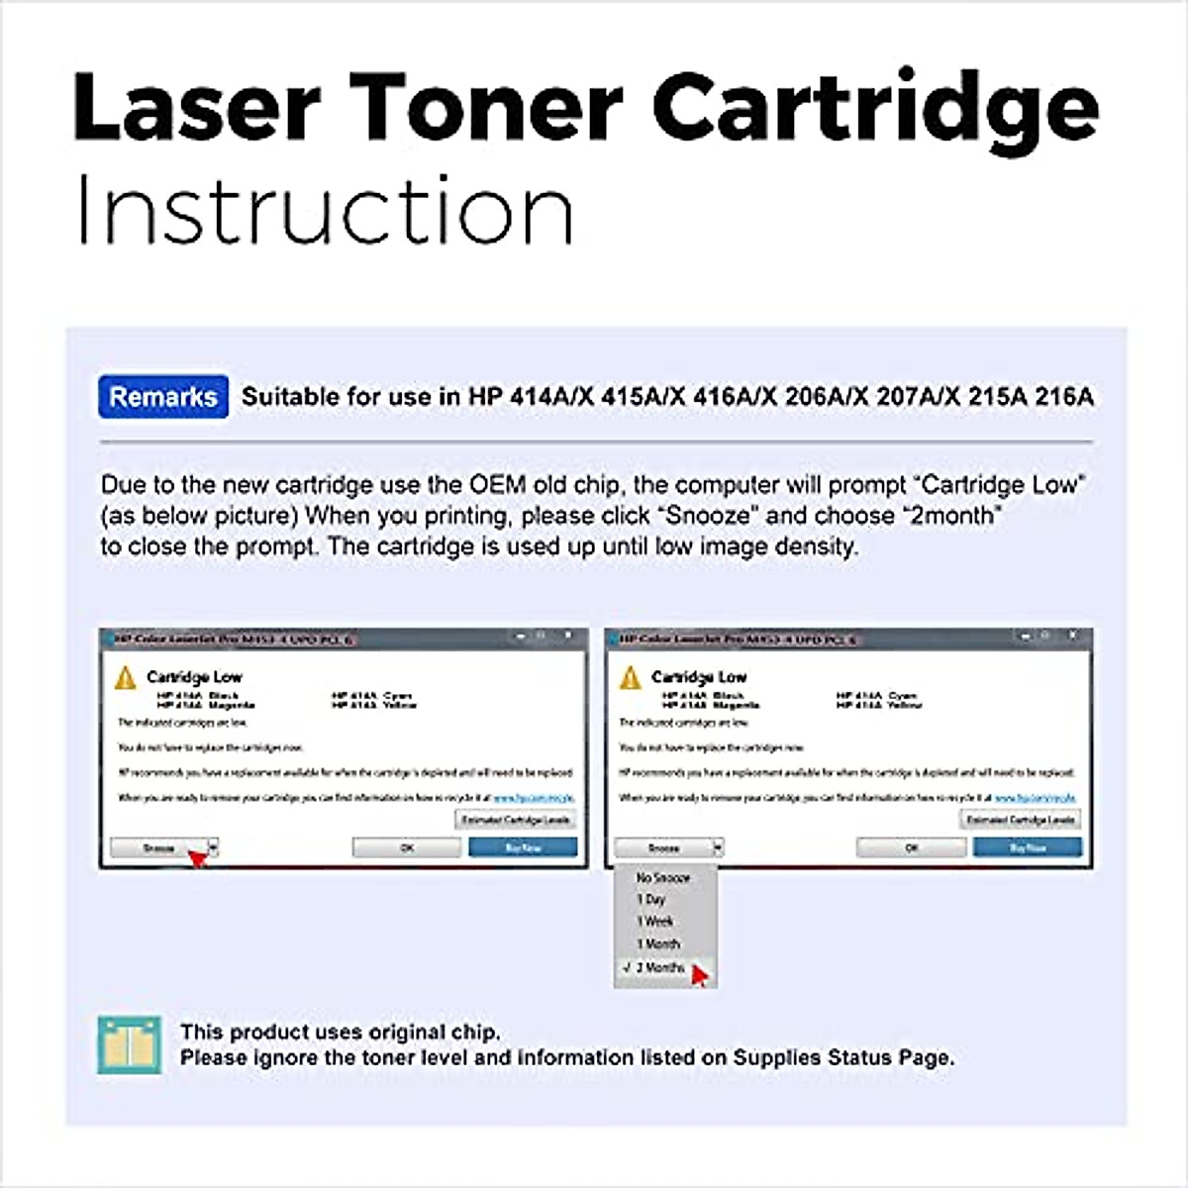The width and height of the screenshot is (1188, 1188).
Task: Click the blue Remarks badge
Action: coord(163,397)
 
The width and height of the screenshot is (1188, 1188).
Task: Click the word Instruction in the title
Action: coord(325,210)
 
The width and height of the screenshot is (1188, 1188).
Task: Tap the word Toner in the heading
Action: coord(486,107)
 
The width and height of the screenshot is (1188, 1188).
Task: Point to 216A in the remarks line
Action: coord(1064,397)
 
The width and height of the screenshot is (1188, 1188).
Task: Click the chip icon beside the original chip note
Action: coord(129,1044)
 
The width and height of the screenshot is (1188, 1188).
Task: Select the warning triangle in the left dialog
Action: coord(125,678)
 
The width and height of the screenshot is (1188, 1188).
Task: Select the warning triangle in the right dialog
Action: coord(630,678)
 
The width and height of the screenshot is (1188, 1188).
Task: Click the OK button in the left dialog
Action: coord(407,848)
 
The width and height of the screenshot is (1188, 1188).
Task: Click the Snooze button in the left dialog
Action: coord(158,848)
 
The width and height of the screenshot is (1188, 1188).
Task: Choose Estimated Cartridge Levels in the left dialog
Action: coord(516,820)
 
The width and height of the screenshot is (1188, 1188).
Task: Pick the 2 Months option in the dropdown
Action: coord(660,967)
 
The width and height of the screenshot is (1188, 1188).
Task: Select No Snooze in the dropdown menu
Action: coord(663,878)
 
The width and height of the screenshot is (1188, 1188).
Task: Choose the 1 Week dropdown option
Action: coord(655,922)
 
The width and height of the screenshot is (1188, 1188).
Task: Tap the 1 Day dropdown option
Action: coord(651,900)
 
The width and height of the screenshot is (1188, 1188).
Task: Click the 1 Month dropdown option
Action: coord(658,944)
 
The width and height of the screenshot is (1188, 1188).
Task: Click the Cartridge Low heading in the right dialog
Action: coord(699,677)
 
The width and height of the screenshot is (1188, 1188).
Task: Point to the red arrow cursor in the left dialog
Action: coord(198,858)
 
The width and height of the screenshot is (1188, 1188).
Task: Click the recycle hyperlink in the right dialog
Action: coord(1035,797)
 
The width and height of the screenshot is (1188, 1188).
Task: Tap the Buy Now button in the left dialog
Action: coord(523,848)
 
